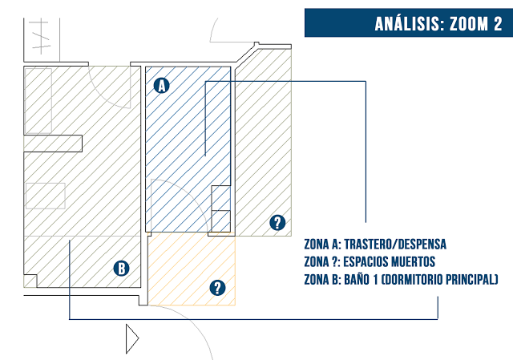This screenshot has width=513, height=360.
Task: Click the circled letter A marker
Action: [162, 86]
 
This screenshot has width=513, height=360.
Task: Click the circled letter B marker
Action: [121, 269]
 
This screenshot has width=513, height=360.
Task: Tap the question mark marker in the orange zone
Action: [217, 288]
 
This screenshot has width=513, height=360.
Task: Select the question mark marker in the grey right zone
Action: [277, 223]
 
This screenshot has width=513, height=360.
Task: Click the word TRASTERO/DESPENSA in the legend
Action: [395, 245]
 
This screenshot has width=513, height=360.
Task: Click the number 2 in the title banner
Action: [498, 24]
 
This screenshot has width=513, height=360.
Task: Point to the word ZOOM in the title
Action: [468, 24]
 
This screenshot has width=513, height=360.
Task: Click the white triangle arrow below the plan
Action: [132, 338]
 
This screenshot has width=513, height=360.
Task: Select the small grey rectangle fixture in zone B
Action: [46, 196]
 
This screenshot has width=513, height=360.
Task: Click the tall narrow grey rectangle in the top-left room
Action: [38, 100]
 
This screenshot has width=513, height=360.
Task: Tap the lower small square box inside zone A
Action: [221, 221]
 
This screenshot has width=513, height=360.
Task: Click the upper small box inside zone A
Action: [221, 198]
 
